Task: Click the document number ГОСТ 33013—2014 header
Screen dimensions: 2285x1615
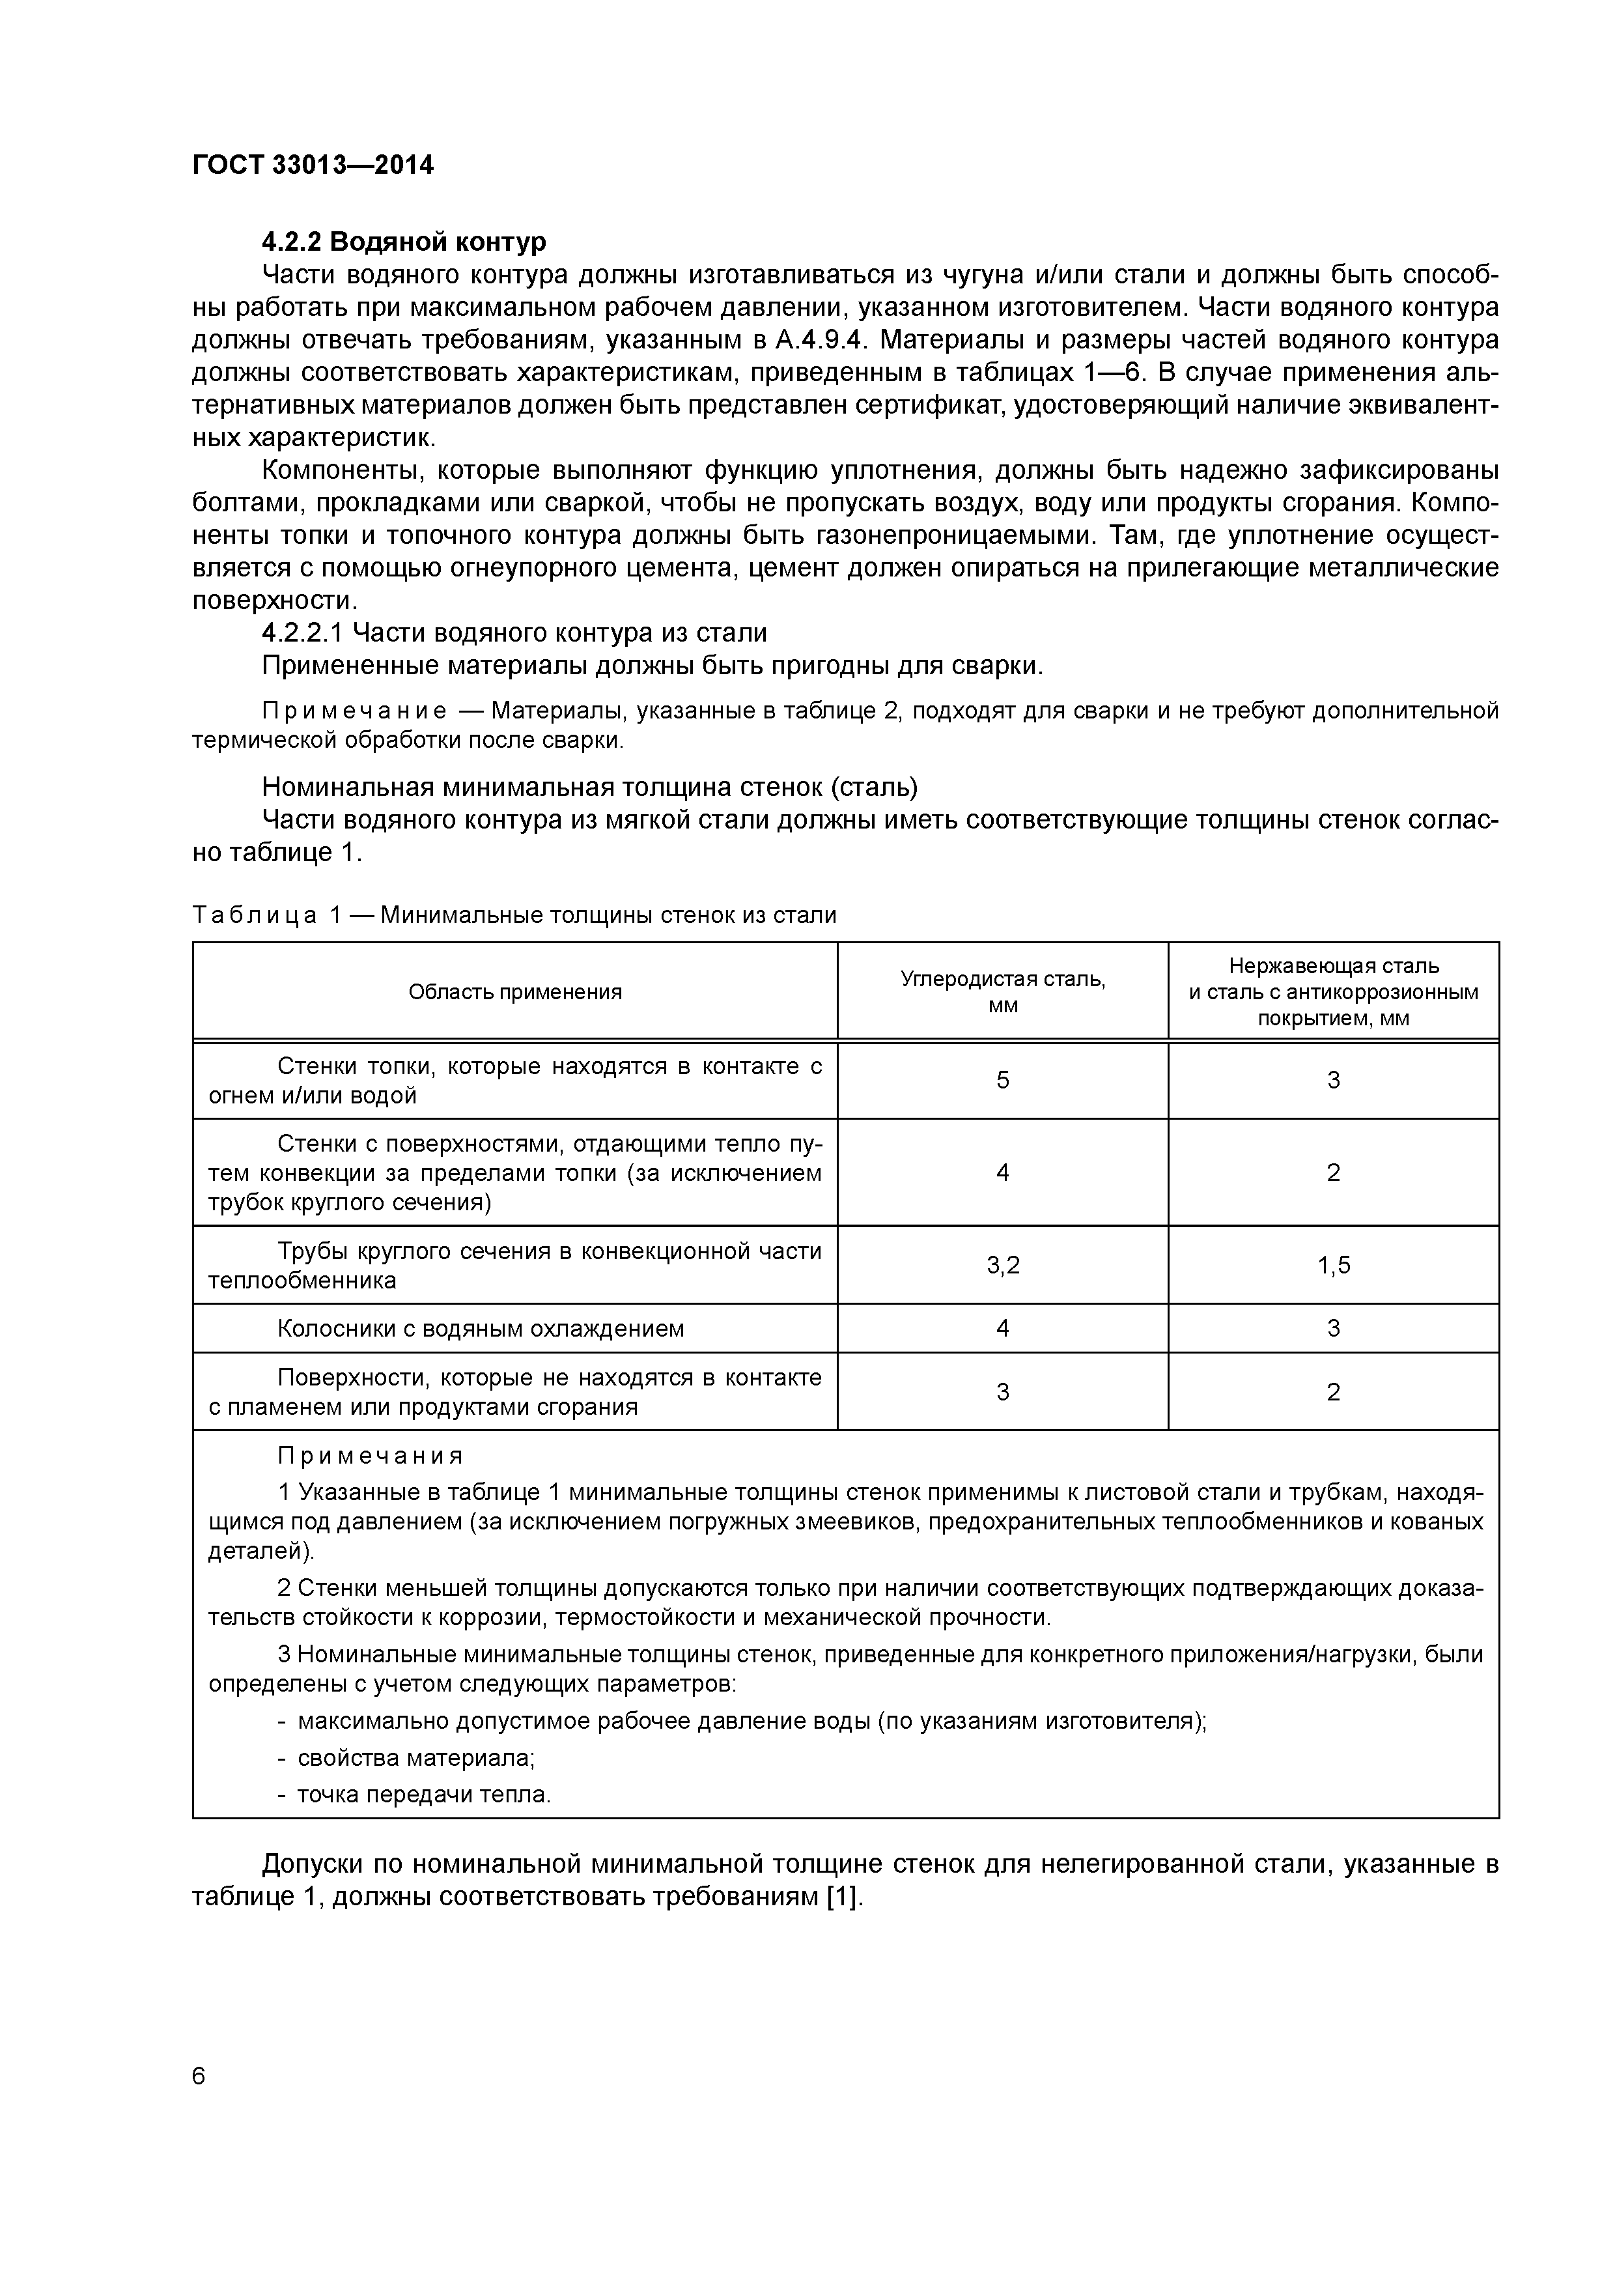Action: pos(313,165)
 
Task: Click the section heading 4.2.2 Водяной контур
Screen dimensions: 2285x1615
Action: pos(403,242)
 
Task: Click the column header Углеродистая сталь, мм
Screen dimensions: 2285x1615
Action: pos(1002,991)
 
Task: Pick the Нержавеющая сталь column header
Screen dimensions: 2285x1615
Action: pos(1334,991)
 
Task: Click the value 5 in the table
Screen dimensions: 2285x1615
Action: pos(1002,1080)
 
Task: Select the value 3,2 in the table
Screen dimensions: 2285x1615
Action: pos(1002,1265)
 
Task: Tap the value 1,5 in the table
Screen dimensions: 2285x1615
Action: pos(1334,1265)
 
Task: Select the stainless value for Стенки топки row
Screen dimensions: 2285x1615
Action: pos(1334,1080)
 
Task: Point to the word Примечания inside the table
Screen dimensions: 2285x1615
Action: pos(370,1456)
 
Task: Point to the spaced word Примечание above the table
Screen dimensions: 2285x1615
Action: pos(353,711)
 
